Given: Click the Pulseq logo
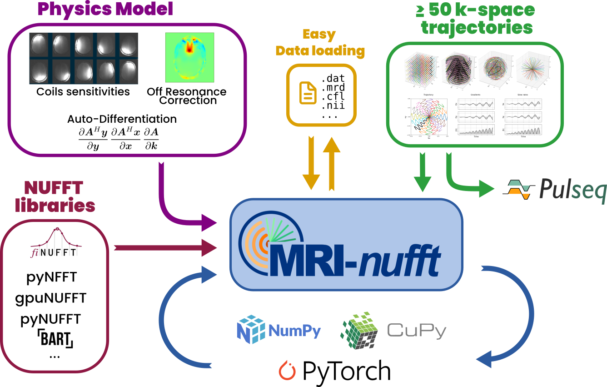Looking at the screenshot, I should click(x=554, y=189).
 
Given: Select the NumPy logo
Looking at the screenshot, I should click(x=279, y=330).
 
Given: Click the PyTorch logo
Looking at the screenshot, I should click(x=334, y=371).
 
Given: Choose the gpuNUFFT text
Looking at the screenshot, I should click(x=50, y=298).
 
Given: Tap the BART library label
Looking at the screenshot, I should click(x=55, y=338).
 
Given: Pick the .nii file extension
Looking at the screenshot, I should click(x=333, y=106).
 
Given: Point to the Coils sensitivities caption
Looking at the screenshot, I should click(x=83, y=92).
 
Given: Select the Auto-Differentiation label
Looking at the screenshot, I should click(x=122, y=119).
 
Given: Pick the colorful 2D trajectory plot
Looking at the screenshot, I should click(x=428, y=117).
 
